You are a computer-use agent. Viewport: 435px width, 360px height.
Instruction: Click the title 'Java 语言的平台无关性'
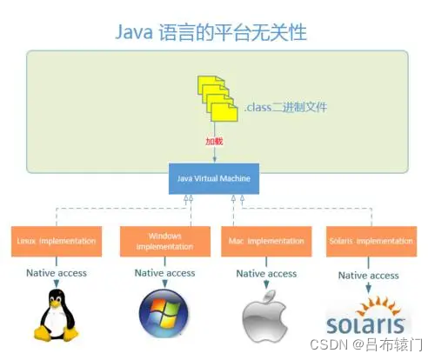pyautogui.click(x=211, y=32)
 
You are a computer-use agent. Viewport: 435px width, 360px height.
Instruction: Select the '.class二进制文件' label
pyautogui.click(x=284, y=108)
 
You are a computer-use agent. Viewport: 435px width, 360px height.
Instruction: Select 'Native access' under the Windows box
pyautogui.click(x=164, y=272)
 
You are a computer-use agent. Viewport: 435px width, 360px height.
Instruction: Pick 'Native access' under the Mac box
pyautogui.click(x=266, y=273)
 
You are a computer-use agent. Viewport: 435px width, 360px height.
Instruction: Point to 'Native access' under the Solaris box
pyautogui.click(x=368, y=275)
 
